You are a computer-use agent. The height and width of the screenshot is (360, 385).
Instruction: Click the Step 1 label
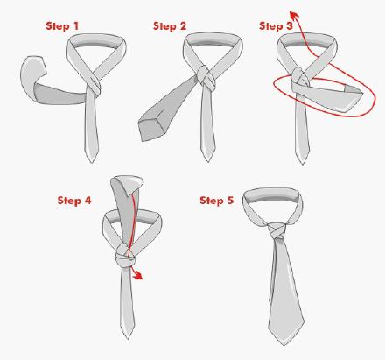[x=62, y=26]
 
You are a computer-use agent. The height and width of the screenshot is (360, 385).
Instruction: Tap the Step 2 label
[x=170, y=26]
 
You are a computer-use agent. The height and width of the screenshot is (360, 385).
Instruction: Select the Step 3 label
[x=276, y=26]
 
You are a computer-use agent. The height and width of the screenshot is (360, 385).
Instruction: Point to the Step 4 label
[x=74, y=201]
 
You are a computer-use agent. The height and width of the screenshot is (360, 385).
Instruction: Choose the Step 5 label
[x=217, y=201]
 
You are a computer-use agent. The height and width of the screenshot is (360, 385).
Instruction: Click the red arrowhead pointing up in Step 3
[x=294, y=16]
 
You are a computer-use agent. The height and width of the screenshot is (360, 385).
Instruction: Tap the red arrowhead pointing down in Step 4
[x=137, y=275]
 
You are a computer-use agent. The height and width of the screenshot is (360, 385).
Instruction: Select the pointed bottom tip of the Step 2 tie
[x=208, y=160]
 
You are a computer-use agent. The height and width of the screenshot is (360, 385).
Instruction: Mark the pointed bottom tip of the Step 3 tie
[x=302, y=164]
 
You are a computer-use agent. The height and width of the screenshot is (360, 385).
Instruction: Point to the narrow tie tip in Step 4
[x=128, y=338]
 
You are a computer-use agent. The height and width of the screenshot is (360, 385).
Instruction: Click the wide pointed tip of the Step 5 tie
[x=283, y=345]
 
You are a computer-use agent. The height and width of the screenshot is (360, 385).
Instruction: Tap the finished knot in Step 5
[x=276, y=231]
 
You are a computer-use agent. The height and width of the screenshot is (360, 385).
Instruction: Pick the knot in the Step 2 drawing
[x=206, y=76]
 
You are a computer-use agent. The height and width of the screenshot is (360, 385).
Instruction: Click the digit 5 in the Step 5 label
[x=230, y=201]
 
